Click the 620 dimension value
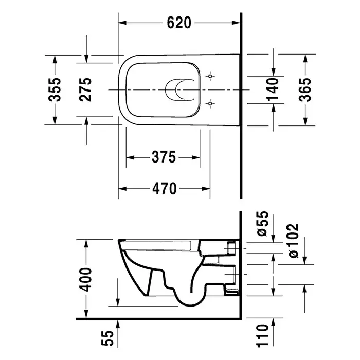179,23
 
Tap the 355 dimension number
55,89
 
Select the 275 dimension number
85,89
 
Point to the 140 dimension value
273,89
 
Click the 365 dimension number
305,89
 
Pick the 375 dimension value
164,157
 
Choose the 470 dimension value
165,189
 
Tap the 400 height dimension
86,279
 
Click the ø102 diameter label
294,241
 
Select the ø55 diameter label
263,224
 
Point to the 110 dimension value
262,336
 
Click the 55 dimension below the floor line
107,338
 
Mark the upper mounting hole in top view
210,76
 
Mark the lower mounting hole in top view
210,103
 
